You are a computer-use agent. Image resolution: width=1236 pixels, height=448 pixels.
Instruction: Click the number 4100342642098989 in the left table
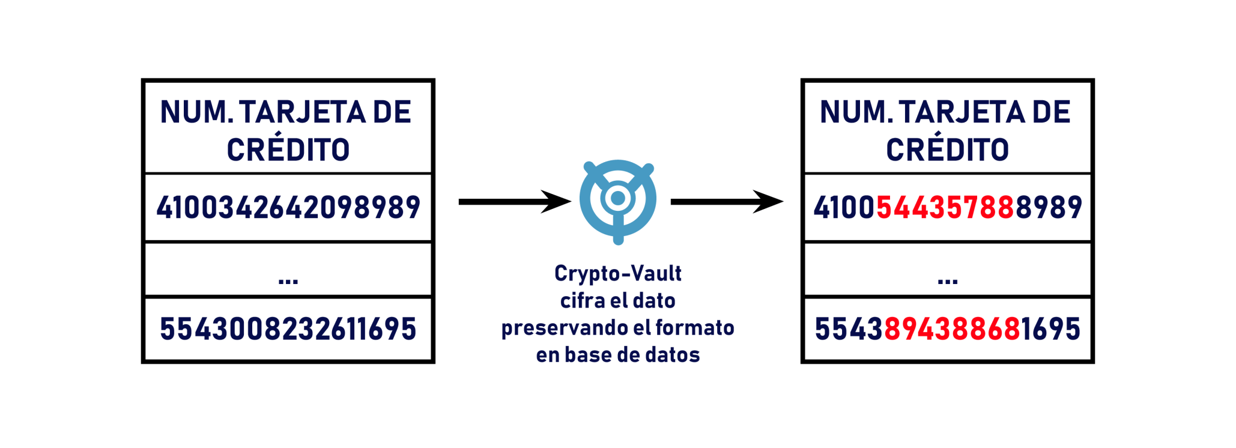coord(288,208)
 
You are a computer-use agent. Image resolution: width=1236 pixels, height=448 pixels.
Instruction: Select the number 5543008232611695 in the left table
coord(288,329)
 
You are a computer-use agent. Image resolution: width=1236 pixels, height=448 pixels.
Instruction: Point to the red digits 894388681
coord(952,329)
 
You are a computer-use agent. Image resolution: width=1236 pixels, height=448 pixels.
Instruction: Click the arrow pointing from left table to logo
coord(515,202)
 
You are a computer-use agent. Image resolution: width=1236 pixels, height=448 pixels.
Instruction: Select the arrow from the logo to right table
coord(727,202)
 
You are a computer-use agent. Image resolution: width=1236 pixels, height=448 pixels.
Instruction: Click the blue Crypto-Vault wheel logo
coord(618,202)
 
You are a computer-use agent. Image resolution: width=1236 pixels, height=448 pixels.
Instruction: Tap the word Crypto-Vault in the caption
coord(618,274)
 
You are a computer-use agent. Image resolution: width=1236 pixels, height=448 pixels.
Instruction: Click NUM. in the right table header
coord(856,112)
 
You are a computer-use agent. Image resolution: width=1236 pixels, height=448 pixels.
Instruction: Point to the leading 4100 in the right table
coord(845,208)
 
